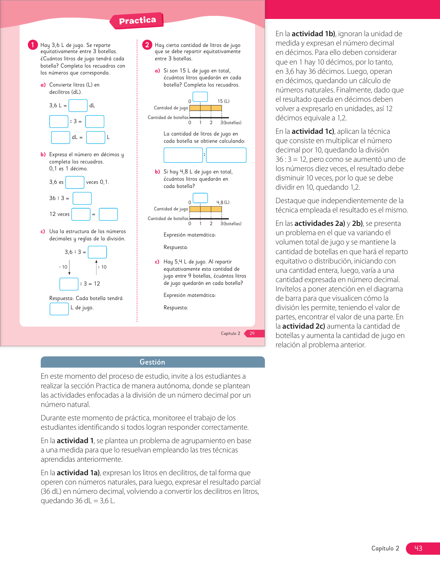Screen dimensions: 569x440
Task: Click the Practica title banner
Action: (137, 21)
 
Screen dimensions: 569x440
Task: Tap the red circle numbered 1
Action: (33, 45)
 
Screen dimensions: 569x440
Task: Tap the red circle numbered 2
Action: (147, 45)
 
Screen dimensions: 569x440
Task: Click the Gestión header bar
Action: (153, 362)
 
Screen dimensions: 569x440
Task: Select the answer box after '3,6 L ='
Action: (78, 106)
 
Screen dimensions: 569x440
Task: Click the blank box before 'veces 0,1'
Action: (75, 182)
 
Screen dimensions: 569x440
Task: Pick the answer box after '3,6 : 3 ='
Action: (97, 252)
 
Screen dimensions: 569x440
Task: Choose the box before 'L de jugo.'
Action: (59, 309)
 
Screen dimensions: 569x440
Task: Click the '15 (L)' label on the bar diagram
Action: (223, 101)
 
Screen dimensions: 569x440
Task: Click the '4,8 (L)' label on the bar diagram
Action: (223, 202)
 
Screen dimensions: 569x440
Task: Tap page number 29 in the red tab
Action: (252, 333)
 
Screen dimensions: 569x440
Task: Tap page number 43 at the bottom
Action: (418, 548)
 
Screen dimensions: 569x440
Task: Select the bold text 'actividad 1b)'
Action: (313, 34)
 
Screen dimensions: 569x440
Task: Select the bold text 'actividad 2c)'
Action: (304, 326)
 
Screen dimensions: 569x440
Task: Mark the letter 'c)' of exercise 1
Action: (43, 231)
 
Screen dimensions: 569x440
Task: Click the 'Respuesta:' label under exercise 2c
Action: (176, 308)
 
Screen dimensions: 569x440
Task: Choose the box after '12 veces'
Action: (81, 214)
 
